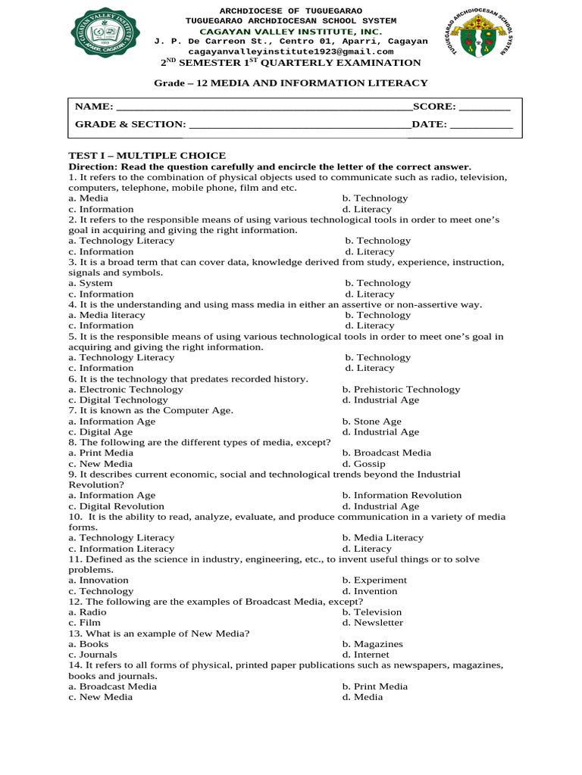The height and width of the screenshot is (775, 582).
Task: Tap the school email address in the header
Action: pyautogui.click(x=291, y=51)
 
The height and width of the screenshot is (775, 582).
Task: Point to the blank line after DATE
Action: pyautogui.click(x=481, y=125)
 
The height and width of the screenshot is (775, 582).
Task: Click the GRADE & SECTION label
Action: pyautogui.click(x=130, y=125)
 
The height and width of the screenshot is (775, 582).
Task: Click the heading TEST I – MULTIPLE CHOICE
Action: pyautogui.click(x=147, y=155)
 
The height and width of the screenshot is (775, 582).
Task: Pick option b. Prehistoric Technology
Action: pyautogui.click(x=401, y=390)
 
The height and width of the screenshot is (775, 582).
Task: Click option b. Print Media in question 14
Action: pyautogui.click(x=374, y=686)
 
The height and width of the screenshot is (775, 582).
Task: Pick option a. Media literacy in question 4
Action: pyautogui.click(x=106, y=315)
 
